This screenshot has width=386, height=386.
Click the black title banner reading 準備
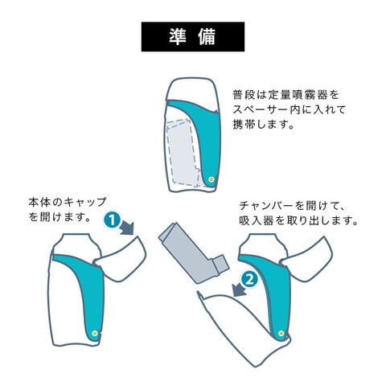(193, 37)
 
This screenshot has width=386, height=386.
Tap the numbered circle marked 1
(112, 220)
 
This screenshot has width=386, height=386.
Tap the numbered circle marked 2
(249, 281)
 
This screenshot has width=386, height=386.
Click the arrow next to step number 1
(127, 228)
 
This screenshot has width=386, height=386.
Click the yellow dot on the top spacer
(211, 179)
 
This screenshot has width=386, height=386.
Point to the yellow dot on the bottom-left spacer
(95, 333)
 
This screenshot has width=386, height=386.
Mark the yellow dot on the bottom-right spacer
(281, 333)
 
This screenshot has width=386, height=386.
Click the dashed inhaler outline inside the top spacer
(183, 152)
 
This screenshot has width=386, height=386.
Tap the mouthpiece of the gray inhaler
(221, 264)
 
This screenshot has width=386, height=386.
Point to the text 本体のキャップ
(68, 202)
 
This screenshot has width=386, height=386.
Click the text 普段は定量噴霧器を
(285, 95)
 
